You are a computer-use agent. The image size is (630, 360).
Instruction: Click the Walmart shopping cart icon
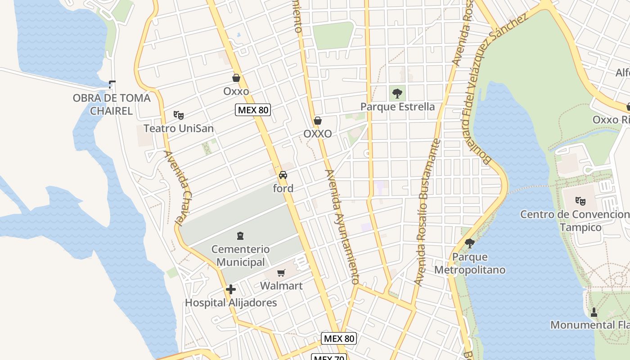tap(281, 272)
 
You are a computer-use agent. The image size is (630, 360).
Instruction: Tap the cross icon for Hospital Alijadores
tap(231, 289)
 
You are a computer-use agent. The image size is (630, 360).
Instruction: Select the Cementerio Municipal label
tap(240, 256)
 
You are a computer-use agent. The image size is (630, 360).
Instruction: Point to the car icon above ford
tap(283, 175)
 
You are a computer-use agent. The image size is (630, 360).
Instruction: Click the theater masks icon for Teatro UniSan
tap(179, 115)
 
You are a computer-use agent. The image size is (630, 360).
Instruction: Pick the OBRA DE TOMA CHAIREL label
tap(112, 104)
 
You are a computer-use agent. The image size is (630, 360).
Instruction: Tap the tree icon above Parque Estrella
tap(397, 94)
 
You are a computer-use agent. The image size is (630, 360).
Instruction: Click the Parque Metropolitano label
tap(470, 264)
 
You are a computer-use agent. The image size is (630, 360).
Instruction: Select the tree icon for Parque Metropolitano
tap(470, 243)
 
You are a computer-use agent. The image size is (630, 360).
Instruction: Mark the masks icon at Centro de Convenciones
tap(580, 201)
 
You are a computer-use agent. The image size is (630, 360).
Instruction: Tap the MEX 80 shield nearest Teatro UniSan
tap(253, 109)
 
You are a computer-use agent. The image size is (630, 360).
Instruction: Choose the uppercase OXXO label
tap(318, 134)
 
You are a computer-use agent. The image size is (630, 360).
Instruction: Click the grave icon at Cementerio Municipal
tap(240, 235)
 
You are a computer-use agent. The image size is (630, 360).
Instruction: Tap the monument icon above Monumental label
tap(594, 312)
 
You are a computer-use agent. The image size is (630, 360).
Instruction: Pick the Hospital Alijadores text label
tap(231, 302)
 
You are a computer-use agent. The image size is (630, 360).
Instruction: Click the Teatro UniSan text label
tap(179, 129)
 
